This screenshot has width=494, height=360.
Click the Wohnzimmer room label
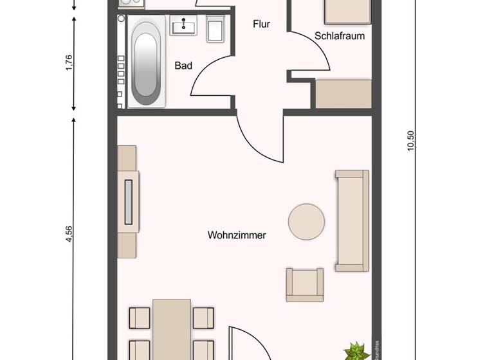[x=237, y=235]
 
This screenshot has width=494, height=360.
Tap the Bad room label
[x=184, y=65]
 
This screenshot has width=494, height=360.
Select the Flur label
[x=261, y=24]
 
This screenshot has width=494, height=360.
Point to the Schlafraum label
[x=340, y=36]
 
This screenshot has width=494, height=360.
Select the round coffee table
[x=306, y=222]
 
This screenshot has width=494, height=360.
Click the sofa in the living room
[x=352, y=221]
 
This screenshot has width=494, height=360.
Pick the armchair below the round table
[x=304, y=285]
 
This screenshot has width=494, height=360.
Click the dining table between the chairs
[x=171, y=329]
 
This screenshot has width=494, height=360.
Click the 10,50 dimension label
[x=411, y=140]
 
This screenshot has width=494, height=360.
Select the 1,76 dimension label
[x=69, y=63]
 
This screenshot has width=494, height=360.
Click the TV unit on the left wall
[x=128, y=201]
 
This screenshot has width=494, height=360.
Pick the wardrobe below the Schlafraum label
[x=343, y=94]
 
